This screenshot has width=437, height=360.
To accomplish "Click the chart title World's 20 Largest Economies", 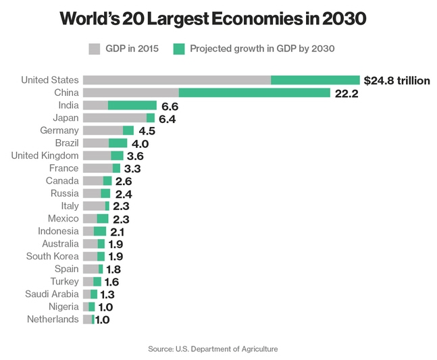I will (213, 19).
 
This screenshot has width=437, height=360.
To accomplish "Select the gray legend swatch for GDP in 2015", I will (94, 49).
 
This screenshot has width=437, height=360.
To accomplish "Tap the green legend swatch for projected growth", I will (179, 49).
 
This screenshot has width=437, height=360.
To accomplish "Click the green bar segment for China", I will (254, 93).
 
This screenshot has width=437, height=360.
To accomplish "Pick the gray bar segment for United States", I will (176, 80).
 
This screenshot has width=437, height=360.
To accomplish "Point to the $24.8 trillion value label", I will (396, 80).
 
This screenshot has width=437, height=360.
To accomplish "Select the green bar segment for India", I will (132, 105).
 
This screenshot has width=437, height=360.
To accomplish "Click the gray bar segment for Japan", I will (114, 118).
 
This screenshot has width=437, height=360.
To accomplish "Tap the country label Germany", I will (59, 130).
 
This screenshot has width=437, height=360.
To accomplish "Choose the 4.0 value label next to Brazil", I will (140, 143).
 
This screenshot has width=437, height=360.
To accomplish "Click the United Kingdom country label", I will (45, 155).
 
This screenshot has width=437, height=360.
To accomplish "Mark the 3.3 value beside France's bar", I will (132, 168).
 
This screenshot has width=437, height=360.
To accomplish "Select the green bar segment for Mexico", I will (103, 219).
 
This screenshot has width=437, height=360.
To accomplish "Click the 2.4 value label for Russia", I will (123, 194).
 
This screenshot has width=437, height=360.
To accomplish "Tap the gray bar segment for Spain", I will (91, 269).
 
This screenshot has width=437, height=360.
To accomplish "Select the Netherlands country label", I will (53, 319).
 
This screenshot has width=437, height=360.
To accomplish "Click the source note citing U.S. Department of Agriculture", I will (213, 349).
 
